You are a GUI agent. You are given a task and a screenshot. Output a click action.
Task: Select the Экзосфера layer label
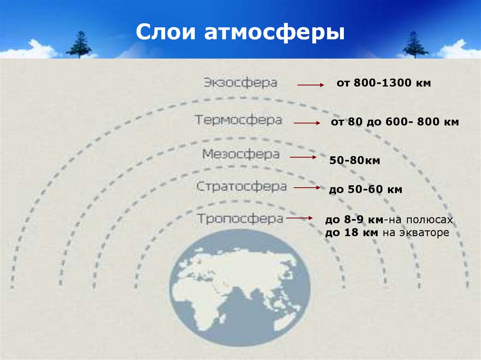coord(240,83)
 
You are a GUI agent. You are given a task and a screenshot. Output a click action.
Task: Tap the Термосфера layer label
coord(239,120)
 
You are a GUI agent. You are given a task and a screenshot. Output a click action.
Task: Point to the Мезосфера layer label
coord(241,154)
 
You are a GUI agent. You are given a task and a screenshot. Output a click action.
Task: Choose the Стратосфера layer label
coord(241,186)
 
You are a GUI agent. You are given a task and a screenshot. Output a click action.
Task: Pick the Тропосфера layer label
coord(240,218)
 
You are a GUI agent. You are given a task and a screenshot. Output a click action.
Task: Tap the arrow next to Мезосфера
coord(303,158)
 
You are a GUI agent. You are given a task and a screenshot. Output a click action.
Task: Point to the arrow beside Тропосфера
coord(300,218)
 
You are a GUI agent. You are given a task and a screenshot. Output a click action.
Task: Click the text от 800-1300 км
coord(384,84)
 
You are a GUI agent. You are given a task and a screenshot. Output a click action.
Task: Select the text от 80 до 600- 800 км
coord(395,122)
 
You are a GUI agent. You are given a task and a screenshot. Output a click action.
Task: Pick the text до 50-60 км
coord(365,190)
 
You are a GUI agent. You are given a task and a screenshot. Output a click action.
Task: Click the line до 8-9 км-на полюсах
coord(389,220)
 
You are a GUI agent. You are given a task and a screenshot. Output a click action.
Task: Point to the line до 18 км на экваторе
coord(388,232)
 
